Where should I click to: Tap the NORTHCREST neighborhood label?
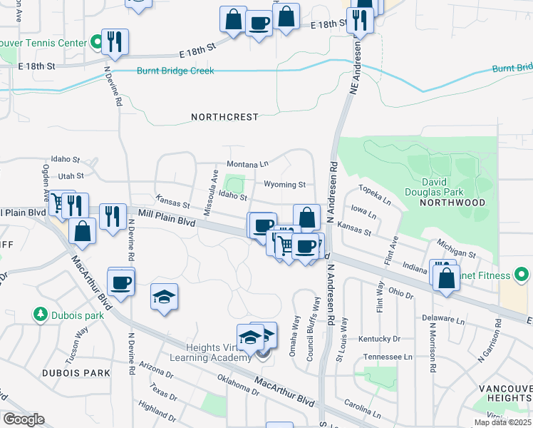click(x=224, y=116)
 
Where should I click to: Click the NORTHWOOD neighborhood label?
click(x=452, y=203)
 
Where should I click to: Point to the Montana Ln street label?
click(x=247, y=164)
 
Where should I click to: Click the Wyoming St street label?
click(x=284, y=185)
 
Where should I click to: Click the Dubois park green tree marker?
click(x=41, y=314)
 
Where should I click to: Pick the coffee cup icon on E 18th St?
click(x=259, y=23)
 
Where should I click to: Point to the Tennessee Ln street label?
click(x=388, y=357)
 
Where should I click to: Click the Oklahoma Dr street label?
click(x=238, y=385)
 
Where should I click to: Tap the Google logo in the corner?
click(x=24, y=419)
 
